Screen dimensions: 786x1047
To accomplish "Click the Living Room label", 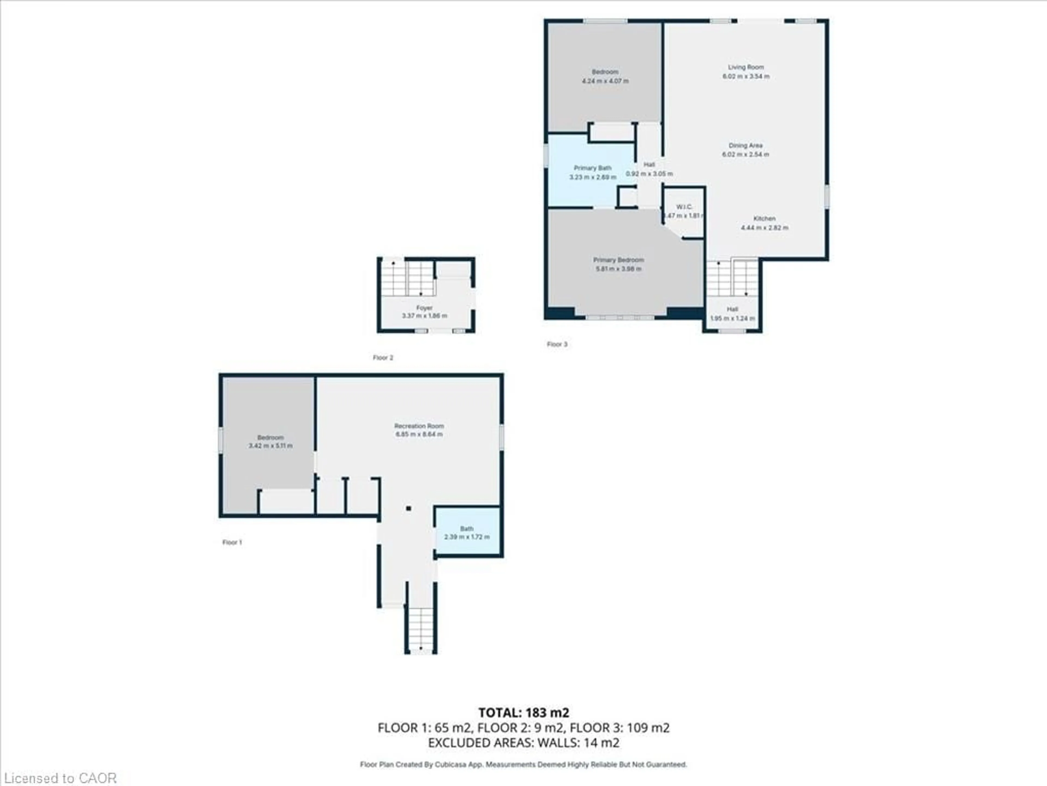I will tap(745, 67).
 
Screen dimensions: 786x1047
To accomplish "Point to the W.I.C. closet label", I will tap(684, 207).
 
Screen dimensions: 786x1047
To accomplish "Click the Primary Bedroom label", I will tap(618, 260).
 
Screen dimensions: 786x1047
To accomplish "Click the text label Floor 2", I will tap(383, 358).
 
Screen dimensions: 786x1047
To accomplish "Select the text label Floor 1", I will tap(232, 543).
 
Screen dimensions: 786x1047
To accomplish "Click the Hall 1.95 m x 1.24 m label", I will tap(732, 314).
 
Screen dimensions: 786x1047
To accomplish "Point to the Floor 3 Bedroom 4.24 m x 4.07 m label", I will tap(605, 76).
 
